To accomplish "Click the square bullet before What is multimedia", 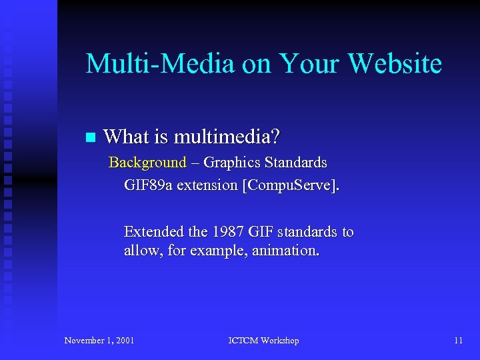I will coord(91,138).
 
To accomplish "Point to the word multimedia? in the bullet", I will coord(227,137).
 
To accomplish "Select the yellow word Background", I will coord(147,163).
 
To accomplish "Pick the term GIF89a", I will coord(148,185).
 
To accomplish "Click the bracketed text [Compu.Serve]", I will coord(291,185).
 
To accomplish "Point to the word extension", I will coord(208,185).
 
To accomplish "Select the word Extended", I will coord(154,232).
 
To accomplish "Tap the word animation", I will coord(286,251).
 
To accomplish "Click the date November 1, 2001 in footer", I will coord(99,341).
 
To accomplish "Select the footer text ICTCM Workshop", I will coord(264,341).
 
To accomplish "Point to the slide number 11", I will coord(458,341).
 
